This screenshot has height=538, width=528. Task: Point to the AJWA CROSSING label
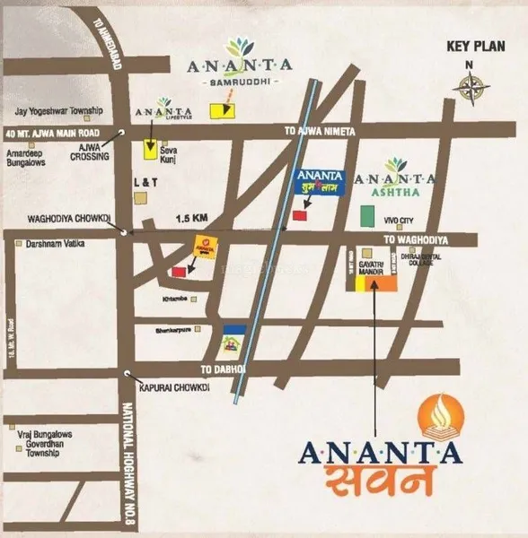tap(90, 152)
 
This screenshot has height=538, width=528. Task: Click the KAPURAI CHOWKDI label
tap(173, 388)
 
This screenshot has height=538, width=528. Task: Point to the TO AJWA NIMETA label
tap(321, 132)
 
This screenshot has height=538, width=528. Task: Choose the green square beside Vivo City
tap(366, 216)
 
